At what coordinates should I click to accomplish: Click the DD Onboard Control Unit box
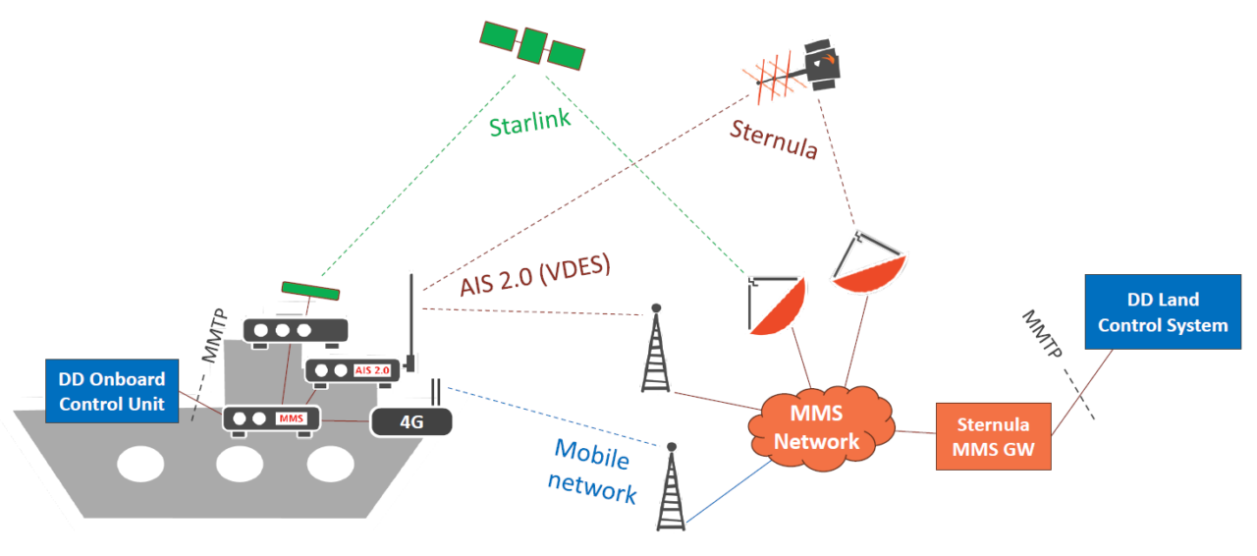(112, 390)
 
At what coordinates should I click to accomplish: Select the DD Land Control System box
(1163, 312)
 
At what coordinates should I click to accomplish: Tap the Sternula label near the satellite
(773, 140)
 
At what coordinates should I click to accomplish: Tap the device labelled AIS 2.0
(355, 369)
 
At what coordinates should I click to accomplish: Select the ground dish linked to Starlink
(776, 306)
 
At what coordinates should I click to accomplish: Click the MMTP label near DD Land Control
(1043, 335)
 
